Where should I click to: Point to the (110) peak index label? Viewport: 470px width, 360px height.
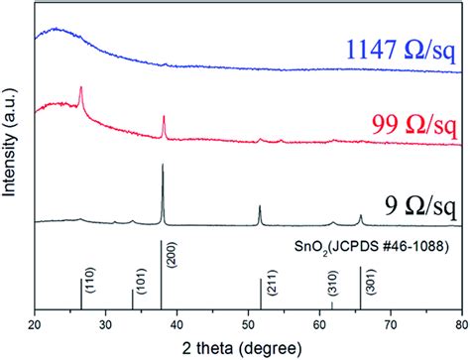click(x=89, y=286)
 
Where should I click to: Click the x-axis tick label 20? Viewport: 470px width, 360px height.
click(x=36, y=322)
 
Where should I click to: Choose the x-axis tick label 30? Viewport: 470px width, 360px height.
click(x=107, y=322)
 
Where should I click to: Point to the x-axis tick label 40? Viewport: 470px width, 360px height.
click(x=177, y=322)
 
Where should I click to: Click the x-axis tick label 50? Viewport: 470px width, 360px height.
click(x=249, y=322)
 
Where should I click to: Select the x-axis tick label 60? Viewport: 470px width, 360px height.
click(x=319, y=322)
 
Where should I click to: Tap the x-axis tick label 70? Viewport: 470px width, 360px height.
click(x=391, y=322)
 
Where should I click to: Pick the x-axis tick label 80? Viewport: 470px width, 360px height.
click(x=460, y=322)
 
